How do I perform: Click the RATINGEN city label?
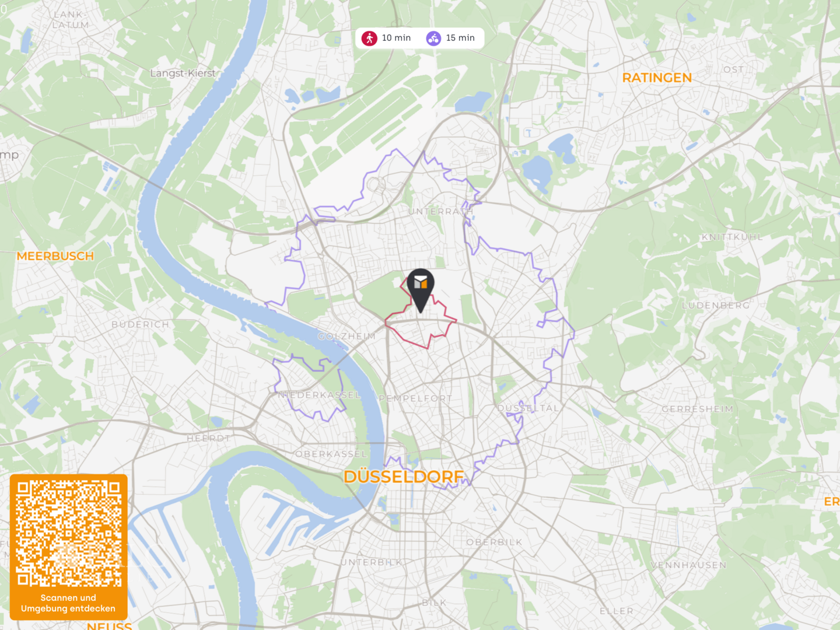[x=657, y=78]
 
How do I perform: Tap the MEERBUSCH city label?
[x=55, y=256]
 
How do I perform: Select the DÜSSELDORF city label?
[x=404, y=477]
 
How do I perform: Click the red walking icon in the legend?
[x=369, y=38]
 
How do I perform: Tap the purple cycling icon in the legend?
[x=433, y=38]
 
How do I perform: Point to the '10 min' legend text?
[x=396, y=38]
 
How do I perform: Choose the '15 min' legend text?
[x=460, y=38]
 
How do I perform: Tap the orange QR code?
[x=68, y=533]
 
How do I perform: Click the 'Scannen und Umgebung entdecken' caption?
[x=68, y=603]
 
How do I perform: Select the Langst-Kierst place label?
[x=183, y=73]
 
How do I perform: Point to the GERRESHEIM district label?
[x=697, y=409]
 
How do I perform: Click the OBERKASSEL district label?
[x=331, y=454]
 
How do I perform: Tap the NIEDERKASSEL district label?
[x=320, y=395]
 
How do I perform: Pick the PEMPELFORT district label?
[x=415, y=398]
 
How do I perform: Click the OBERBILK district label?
[x=494, y=542]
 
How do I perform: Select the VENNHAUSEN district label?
[x=688, y=565]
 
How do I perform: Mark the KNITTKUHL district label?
[x=732, y=237]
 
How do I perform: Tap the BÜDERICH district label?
[x=140, y=324]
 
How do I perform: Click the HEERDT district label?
[x=208, y=438]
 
